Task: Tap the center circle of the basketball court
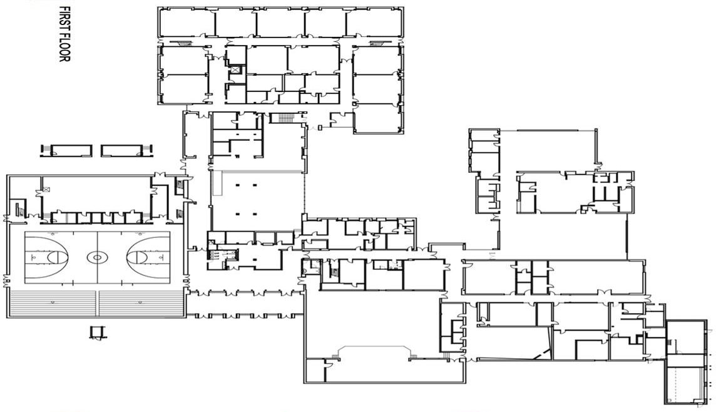pyautogui.click(x=97, y=257)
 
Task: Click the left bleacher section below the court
pyautogui.click(x=52, y=304)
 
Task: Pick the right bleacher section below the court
pyautogui.click(x=141, y=304)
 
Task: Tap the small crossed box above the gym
pyautogui.click(x=46, y=189)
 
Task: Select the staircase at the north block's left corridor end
pyautogui.click(x=183, y=43)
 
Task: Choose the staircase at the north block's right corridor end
pyautogui.click(x=377, y=43)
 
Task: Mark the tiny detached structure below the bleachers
pyautogui.click(x=97, y=332)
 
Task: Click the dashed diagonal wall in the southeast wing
pyautogui.click(x=541, y=354)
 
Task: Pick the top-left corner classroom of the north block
pyautogui.click(x=187, y=22)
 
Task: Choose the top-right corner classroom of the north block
pyautogui.click(x=374, y=22)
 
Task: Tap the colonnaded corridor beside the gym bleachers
pyautogui.click(x=245, y=304)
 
